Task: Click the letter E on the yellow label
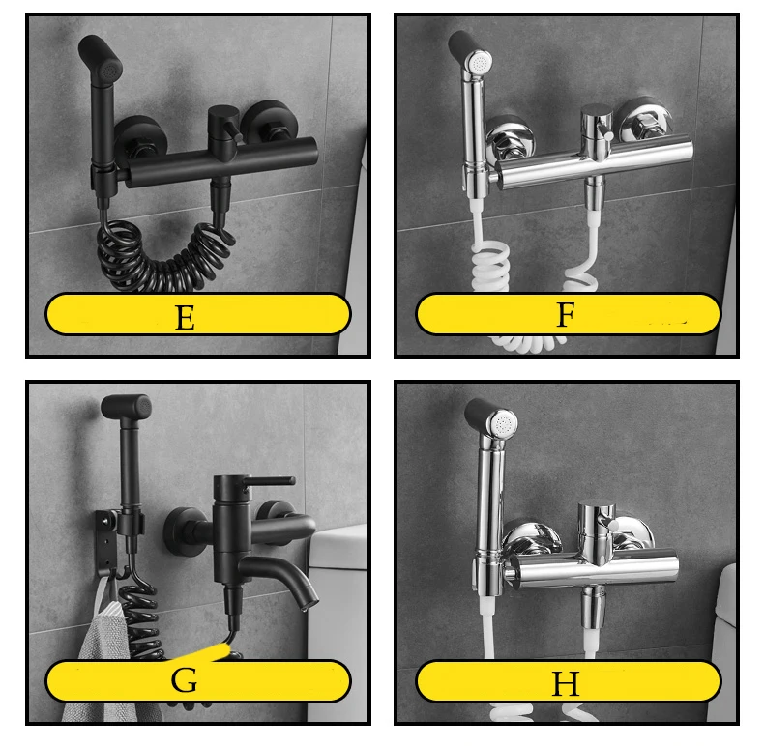pos(185,318)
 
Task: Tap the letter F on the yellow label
pos(565,314)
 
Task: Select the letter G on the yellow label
pos(184,679)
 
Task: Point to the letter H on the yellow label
pos(565,683)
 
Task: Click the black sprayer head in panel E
pos(100,57)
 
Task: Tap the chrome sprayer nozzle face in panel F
pos(479,63)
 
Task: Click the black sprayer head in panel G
pos(126,407)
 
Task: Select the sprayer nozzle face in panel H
pos(504,424)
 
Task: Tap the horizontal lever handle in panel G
pos(269,481)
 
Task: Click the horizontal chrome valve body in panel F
pos(594,164)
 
